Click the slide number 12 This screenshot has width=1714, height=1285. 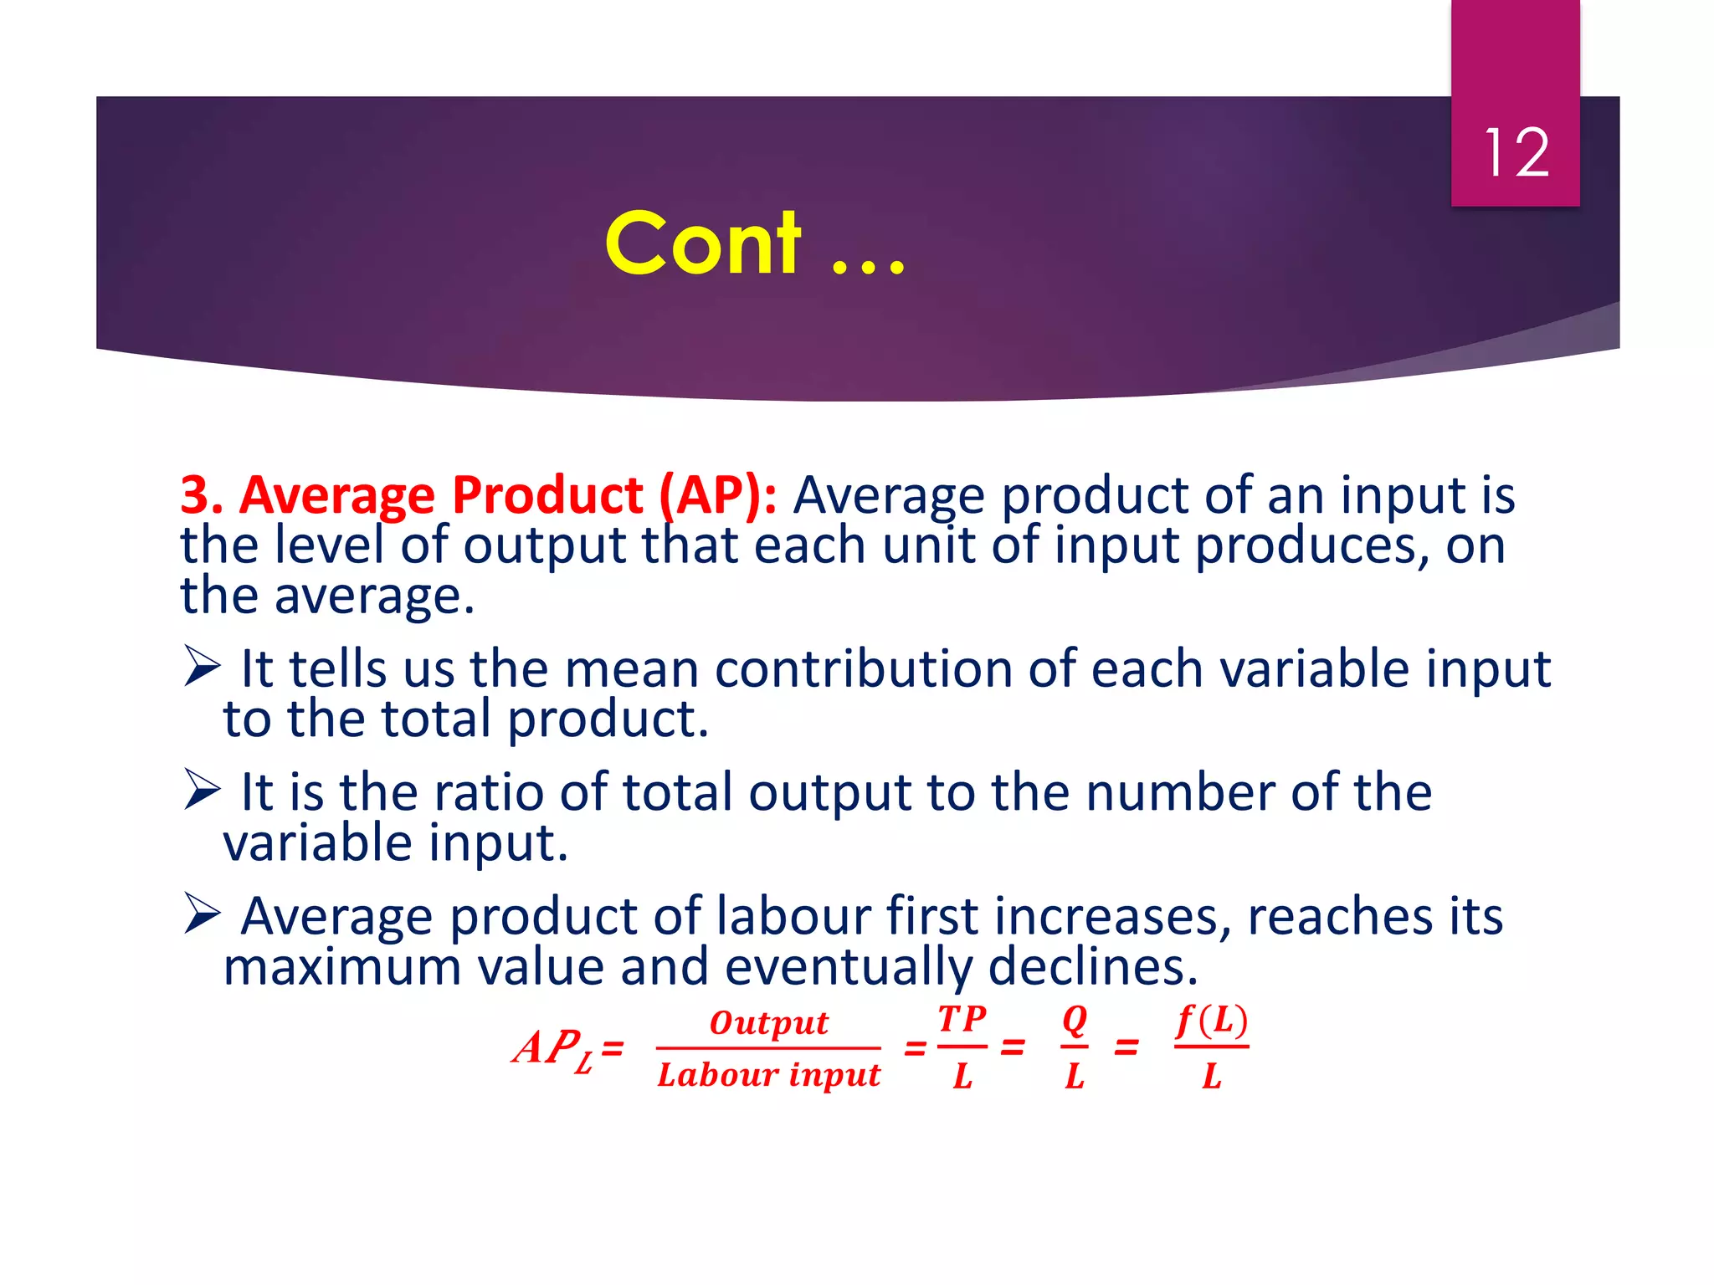(1516, 153)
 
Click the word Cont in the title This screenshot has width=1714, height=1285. (703, 243)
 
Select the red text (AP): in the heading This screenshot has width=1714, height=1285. (718, 494)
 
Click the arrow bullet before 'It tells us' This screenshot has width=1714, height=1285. (202, 668)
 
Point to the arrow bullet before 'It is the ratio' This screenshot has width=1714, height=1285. (202, 791)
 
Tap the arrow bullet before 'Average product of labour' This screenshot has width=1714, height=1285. (202, 914)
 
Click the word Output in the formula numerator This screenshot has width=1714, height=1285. (768, 1022)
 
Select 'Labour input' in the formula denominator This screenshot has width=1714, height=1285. (768, 1075)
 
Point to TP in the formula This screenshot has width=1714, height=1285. (962, 1019)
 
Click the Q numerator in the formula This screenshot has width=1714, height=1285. (1075, 1020)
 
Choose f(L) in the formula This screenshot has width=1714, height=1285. (1211, 1021)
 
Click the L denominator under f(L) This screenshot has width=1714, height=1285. (1211, 1076)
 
